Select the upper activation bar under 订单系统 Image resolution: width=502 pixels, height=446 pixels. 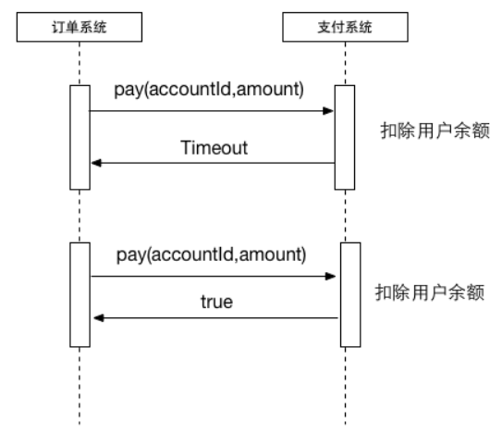click(80, 138)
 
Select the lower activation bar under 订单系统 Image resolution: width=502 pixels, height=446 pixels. click(80, 295)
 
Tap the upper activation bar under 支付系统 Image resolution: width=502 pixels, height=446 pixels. click(343, 138)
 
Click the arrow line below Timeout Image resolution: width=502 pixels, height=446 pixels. click(213, 163)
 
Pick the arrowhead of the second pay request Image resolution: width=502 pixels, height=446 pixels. click(332, 275)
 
